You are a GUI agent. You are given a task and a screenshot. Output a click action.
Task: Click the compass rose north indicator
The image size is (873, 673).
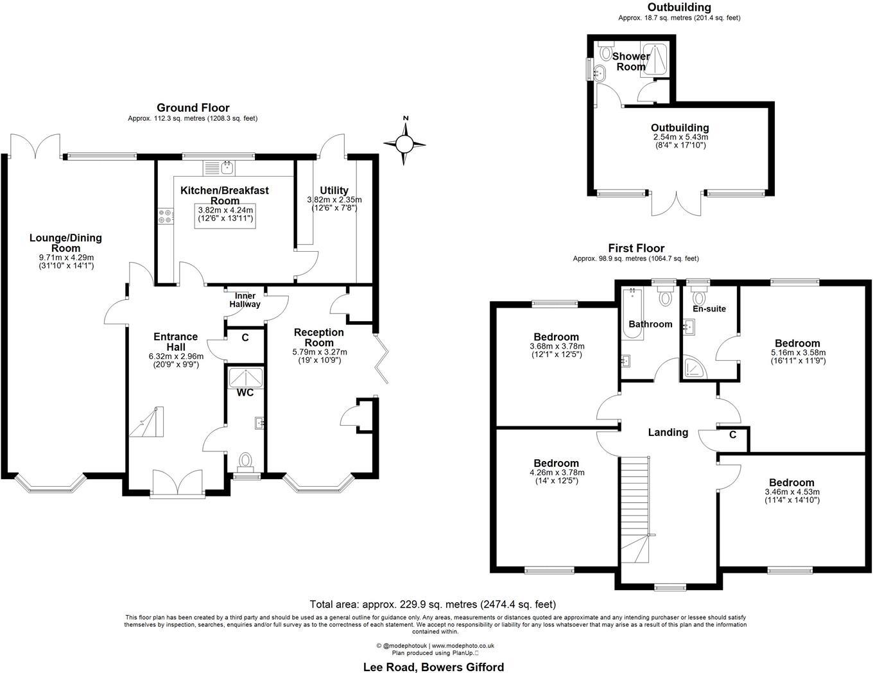pos(405,143)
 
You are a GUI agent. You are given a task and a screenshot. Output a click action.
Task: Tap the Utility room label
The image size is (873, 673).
pos(334,190)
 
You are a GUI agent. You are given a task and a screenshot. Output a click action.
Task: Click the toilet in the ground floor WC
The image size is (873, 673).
pos(245,460)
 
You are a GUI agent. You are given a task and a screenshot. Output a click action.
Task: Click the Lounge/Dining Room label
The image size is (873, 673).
pos(65,243)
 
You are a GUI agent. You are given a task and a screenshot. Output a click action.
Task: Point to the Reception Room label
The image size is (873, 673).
pos(319,337)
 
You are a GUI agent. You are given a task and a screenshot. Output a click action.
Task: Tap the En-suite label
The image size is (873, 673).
pos(710,309)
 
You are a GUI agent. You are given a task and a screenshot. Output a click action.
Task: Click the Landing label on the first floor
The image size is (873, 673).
pos(668,432)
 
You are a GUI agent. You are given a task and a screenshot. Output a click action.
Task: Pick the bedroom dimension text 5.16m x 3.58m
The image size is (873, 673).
pos(797,353)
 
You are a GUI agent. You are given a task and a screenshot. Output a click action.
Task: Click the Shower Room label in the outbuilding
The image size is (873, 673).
pos(630,62)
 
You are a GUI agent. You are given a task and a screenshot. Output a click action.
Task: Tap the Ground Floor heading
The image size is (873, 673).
pos(193,108)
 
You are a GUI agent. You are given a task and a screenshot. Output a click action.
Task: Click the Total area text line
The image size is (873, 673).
pos(433,604)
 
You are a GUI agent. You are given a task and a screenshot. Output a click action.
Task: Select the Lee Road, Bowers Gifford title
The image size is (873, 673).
pos(433,667)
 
